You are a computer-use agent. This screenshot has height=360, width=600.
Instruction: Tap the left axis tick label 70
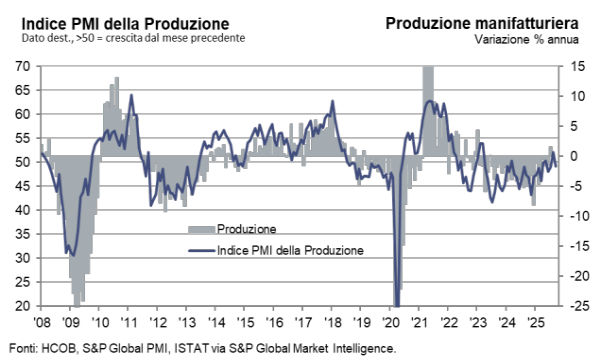[x=22, y=66]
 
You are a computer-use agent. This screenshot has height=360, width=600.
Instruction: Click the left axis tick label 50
[x=22, y=162]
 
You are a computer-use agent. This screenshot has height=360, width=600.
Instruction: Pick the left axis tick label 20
[x=22, y=306]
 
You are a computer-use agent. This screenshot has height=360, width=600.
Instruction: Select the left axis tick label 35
[x=22, y=234]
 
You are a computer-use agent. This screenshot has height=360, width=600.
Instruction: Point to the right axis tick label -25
[x=568, y=306]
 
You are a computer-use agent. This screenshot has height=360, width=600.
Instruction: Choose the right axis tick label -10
[x=568, y=216]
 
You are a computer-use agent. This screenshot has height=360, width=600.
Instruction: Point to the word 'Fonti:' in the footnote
[x=21, y=348]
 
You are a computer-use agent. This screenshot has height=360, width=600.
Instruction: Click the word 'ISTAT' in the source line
[x=180, y=348]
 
